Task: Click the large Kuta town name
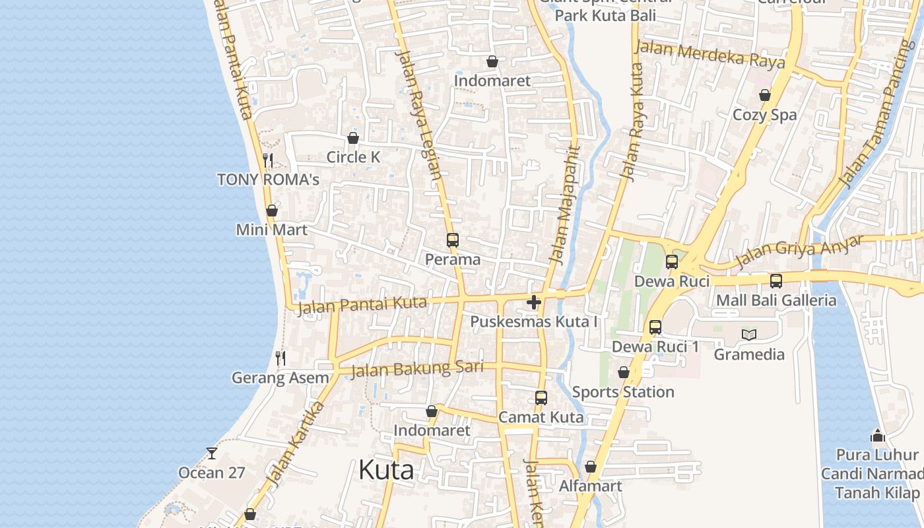click(386, 470)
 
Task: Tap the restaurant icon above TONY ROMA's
click(268, 160)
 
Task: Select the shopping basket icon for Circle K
click(353, 138)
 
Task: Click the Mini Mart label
click(272, 230)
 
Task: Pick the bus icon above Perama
click(452, 240)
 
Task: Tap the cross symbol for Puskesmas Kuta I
click(534, 302)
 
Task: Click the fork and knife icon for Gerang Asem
click(280, 358)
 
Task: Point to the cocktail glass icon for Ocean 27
click(211, 453)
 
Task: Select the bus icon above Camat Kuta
click(541, 398)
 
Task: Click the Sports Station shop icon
click(624, 373)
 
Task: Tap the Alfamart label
click(591, 486)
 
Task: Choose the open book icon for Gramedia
click(749, 335)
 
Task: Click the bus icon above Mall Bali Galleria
click(776, 281)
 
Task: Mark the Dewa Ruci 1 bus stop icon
click(655, 327)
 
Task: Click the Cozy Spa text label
click(765, 115)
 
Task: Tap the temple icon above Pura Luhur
click(877, 436)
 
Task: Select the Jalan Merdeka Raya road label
click(712, 55)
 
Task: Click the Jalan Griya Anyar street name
click(799, 251)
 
